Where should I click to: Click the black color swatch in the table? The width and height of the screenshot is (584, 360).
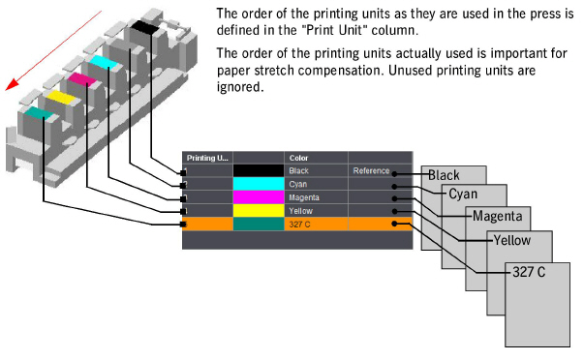pos(260,171)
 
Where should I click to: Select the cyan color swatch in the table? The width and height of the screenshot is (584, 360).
pos(260,184)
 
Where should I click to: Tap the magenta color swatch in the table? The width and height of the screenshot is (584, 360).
pos(260,197)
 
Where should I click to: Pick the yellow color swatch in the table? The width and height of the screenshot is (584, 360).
pos(260,210)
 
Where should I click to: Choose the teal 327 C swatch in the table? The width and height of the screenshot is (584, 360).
pos(260,224)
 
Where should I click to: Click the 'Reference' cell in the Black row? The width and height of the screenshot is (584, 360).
pos(371,171)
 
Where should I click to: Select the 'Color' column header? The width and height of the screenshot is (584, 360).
pos(298,157)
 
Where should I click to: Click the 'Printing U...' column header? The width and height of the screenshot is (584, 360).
pos(206,157)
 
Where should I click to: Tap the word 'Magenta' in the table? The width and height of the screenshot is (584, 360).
pos(306,197)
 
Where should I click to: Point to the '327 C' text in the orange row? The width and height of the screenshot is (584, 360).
pos(299,224)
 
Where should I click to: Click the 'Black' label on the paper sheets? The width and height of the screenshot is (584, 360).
pos(444,175)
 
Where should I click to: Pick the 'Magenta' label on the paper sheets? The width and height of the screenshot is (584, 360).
pos(499,216)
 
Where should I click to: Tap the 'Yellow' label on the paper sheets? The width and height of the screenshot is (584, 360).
pos(512,240)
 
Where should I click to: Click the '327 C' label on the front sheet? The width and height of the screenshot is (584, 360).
pos(528,272)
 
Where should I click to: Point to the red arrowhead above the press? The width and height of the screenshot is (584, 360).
pos(12,84)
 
